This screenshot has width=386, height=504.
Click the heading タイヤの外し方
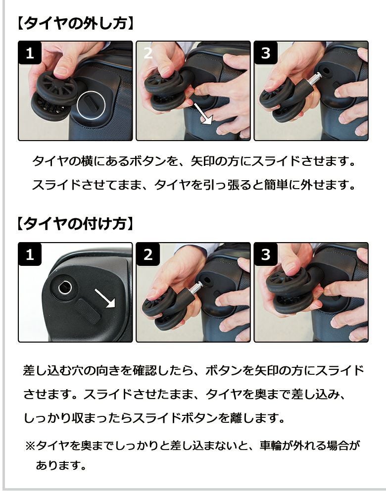tap(75, 24)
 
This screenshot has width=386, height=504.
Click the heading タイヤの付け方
tap(75, 223)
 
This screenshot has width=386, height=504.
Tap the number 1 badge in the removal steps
tap(30, 52)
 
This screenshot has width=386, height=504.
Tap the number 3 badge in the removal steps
tap(265, 52)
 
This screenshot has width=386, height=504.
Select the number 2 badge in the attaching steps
tap(148, 254)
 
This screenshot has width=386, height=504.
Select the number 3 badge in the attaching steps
tap(265, 254)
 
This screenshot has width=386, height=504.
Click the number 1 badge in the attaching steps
tap(30, 254)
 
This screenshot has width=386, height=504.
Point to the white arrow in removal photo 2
tap(203, 114)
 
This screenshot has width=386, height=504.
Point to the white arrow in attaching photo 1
tap(105, 298)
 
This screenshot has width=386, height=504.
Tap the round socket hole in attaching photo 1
tap(66, 287)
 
